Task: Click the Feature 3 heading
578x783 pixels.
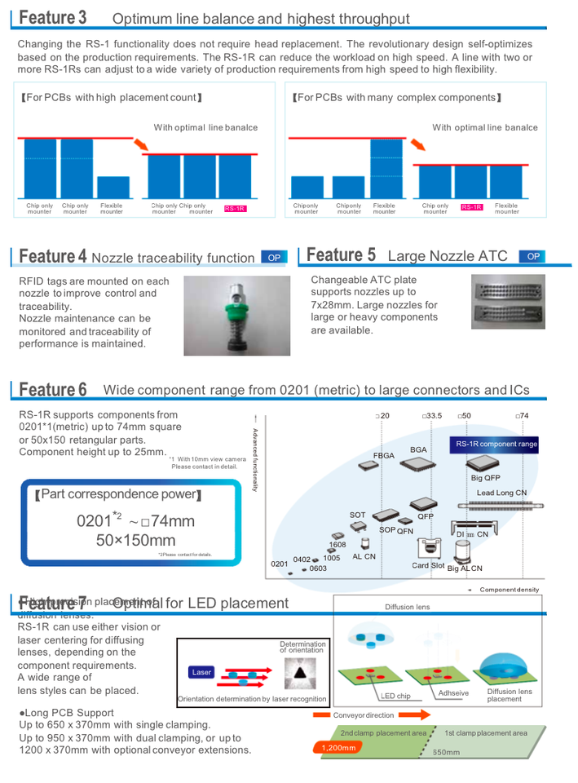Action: pyautogui.click(x=53, y=17)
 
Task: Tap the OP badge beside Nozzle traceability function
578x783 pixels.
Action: pyautogui.click(x=274, y=258)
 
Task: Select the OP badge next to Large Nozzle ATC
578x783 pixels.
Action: pyautogui.click(x=533, y=256)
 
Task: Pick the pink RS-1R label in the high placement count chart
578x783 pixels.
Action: pyautogui.click(x=235, y=209)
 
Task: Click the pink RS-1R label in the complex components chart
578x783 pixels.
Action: pyautogui.click(x=471, y=207)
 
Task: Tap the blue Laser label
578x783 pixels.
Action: pyautogui.click(x=201, y=673)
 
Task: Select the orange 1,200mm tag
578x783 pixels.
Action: pyautogui.click(x=338, y=747)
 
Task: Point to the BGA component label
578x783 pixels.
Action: pyautogui.click(x=418, y=449)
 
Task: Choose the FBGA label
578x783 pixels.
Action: pyautogui.click(x=383, y=456)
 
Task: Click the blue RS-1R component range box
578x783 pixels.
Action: pyautogui.click(x=496, y=445)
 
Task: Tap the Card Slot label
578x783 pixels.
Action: pyautogui.click(x=428, y=565)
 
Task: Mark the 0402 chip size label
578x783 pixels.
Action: pyautogui.click(x=302, y=560)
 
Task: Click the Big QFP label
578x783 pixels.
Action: pyautogui.click(x=486, y=479)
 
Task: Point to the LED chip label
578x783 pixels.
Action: pyautogui.click(x=396, y=696)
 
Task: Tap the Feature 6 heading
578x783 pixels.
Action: pyautogui.click(x=53, y=389)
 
